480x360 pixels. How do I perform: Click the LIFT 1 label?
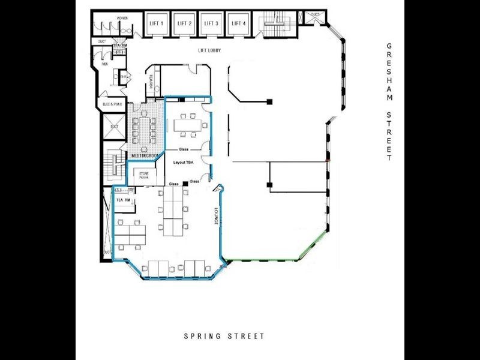[x=156, y=23]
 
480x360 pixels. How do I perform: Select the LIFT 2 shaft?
[x=184, y=24]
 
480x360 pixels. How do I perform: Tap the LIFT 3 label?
[x=211, y=23]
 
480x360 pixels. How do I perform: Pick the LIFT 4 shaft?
[x=238, y=24]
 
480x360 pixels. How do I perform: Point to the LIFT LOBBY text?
[x=209, y=50]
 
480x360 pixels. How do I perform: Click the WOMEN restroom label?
[x=122, y=19]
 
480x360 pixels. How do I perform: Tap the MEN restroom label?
[x=104, y=62]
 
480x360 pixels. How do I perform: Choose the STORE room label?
[x=143, y=175]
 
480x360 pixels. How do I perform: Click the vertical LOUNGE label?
[x=214, y=217]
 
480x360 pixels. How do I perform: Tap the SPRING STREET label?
[x=224, y=337]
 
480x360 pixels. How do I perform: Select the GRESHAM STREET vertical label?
[x=389, y=102]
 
